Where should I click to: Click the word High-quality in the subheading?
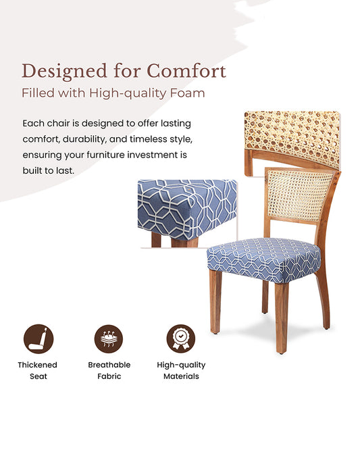(x=130, y=93)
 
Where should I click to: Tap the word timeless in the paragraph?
(x=149, y=139)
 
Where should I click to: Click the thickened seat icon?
(x=38, y=339)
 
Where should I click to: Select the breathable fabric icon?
(x=109, y=339)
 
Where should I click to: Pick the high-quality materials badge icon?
(x=181, y=339)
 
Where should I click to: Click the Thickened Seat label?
(x=38, y=370)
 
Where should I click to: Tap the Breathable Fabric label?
(x=109, y=370)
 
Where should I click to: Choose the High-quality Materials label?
(x=181, y=370)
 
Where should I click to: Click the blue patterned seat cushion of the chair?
(x=263, y=258)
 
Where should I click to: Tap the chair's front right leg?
(x=282, y=318)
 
